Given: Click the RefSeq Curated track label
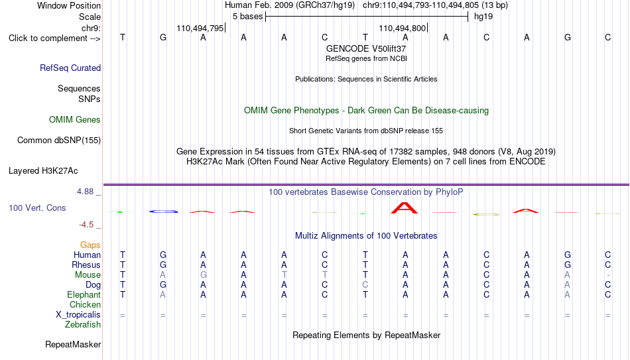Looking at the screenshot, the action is (x=70, y=68).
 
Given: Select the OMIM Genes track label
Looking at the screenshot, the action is (x=75, y=120).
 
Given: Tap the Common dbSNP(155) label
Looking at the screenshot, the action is (x=59, y=141).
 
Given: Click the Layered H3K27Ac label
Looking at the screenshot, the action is (x=43, y=171).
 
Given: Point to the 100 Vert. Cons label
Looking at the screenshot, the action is (x=37, y=208).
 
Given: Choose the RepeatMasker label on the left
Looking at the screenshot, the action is (x=73, y=344).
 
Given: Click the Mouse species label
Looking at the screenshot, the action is (x=88, y=275).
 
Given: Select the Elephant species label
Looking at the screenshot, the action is (x=84, y=294).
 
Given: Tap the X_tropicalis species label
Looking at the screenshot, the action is (x=78, y=315).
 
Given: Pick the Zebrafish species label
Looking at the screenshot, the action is (x=83, y=324).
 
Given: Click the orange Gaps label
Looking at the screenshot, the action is (x=90, y=245).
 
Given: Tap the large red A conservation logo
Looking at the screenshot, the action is (x=405, y=208).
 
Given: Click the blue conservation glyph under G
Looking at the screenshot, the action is (x=163, y=211).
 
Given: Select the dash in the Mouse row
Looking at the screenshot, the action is (x=608, y=275).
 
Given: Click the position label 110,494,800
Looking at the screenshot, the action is (x=402, y=28).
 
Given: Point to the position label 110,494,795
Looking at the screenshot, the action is (x=200, y=28).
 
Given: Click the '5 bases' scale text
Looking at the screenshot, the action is (x=247, y=17).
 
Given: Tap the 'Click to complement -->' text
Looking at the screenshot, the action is (x=54, y=38).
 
